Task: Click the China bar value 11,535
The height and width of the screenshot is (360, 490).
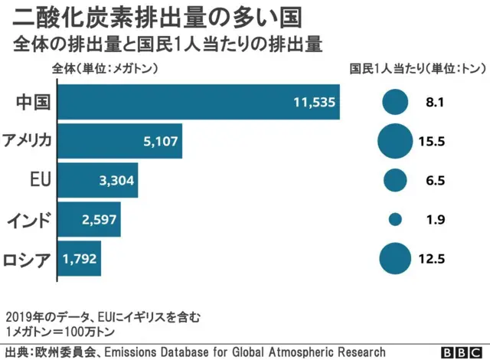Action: [x=315, y=102]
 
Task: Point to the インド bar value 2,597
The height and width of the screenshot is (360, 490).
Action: [x=100, y=220]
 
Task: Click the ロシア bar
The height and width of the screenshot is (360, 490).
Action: [x=80, y=259]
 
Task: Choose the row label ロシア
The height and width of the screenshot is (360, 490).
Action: [x=28, y=260]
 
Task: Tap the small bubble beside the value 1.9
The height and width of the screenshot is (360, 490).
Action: [x=395, y=220]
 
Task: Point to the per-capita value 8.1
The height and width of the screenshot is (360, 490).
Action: [x=436, y=102]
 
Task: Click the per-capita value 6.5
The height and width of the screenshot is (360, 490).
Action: [x=436, y=181]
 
